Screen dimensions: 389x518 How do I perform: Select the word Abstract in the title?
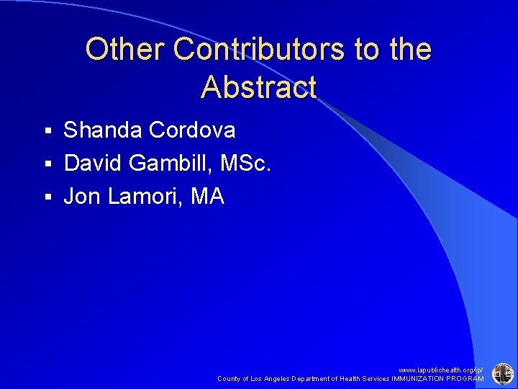point(258,87)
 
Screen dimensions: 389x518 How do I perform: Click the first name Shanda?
point(103,130)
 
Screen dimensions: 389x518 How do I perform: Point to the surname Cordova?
point(192,130)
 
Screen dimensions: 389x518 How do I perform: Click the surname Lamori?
point(143,196)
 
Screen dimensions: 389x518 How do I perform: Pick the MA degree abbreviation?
point(207,196)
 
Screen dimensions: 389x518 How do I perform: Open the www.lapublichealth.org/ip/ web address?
point(442,370)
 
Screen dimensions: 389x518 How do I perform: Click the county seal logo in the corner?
point(501,373)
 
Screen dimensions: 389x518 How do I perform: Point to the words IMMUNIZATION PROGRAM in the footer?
point(438,379)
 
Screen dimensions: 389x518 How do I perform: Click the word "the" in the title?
point(408,50)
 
